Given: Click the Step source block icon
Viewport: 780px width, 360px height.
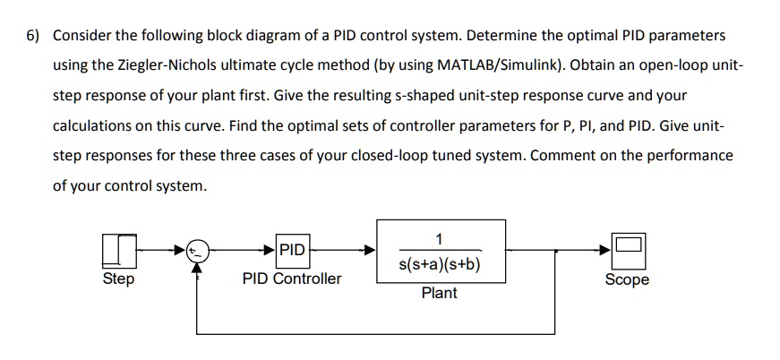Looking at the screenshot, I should tap(119, 251).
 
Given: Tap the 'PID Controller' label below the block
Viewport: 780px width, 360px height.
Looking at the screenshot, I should tap(291, 279).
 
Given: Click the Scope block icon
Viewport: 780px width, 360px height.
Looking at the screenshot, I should tap(627, 251).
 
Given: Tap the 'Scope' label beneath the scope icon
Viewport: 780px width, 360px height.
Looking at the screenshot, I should tap(627, 280).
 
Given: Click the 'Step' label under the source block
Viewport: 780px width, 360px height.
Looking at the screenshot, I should tap(119, 279).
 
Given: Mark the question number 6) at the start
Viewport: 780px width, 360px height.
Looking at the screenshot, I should tap(32, 36).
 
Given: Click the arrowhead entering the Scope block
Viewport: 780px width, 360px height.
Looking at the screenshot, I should tap(606, 252).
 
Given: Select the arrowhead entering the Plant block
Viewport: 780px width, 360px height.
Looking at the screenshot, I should tap(369, 252).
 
